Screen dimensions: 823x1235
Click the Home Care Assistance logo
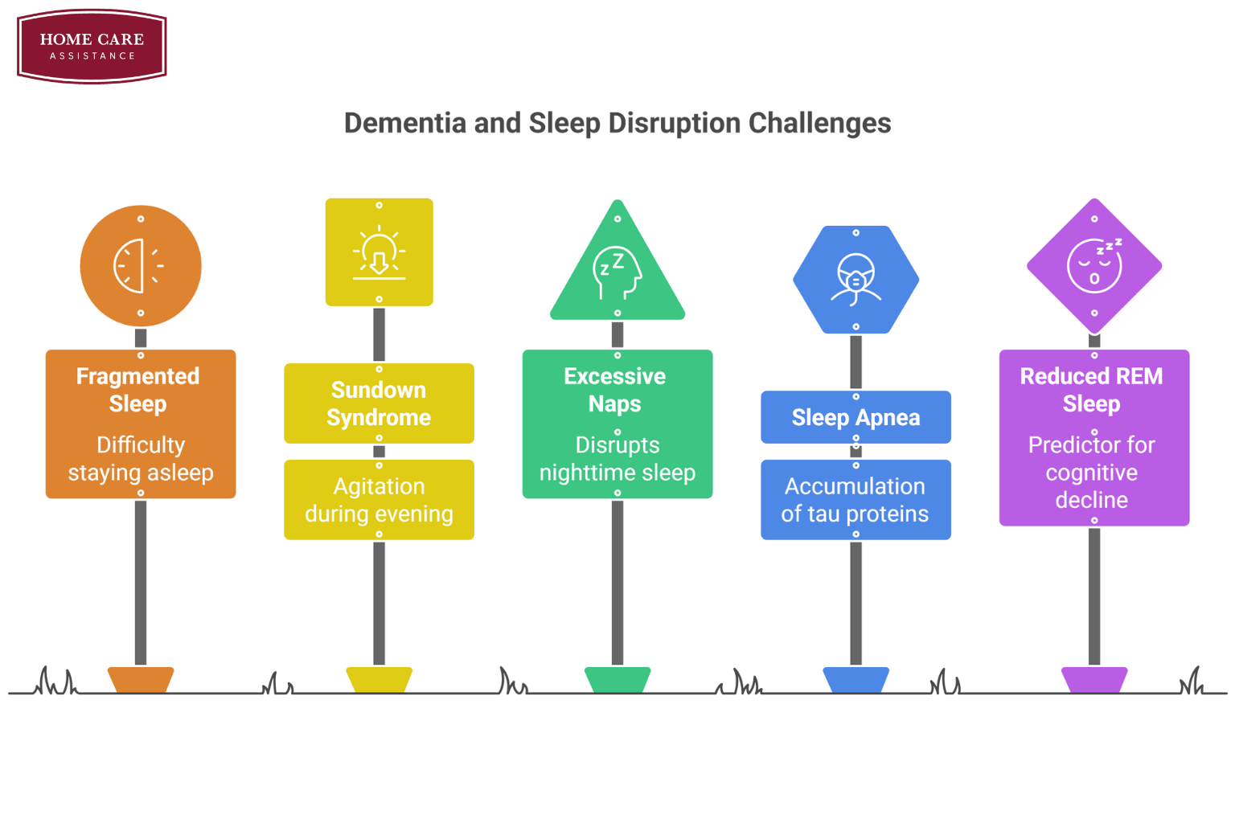[92, 46]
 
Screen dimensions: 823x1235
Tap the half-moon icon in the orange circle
[139, 265]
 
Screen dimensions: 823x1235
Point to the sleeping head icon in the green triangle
[617, 272]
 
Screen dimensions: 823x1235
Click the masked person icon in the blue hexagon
[855, 279]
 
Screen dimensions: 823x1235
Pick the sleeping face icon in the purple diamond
[1094, 265]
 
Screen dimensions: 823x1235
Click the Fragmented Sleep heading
[138, 390]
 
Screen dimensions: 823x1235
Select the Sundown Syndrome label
[379, 403]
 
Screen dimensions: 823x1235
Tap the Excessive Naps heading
[615, 390]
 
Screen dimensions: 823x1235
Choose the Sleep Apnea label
[855, 417]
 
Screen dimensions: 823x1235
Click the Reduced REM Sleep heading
[1091, 390]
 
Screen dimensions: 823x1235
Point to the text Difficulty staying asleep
[141, 459]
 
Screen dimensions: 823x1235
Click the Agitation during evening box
[379, 500]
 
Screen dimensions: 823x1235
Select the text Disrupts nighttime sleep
[617, 459]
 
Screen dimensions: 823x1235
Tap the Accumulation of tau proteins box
[855, 500]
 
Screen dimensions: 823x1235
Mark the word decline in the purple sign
[1091, 500]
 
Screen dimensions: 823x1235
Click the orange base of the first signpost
[141, 680]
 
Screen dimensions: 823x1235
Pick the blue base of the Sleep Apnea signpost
[855, 680]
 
